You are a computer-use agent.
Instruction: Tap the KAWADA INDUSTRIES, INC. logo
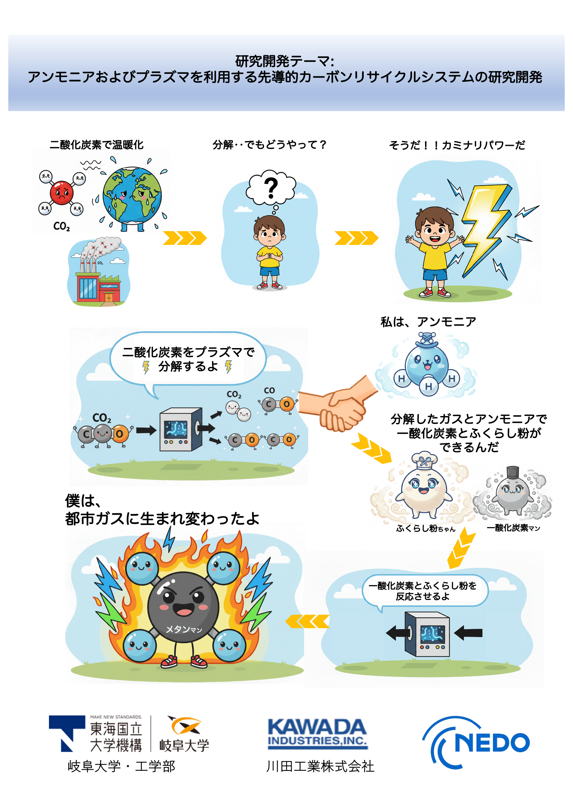pyautogui.click(x=318, y=734)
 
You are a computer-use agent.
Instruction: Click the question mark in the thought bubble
pyautogui.click(x=271, y=188)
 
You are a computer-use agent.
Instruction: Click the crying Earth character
pyautogui.click(x=132, y=195)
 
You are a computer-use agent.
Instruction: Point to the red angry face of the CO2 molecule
pyautogui.click(x=61, y=193)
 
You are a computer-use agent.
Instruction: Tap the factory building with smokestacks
pyautogui.click(x=99, y=279)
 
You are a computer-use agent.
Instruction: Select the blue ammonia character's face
pyautogui.click(x=427, y=362)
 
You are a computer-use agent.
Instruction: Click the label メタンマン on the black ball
pyautogui.click(x=183, y=629)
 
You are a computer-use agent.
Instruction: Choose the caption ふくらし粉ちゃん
pyautogui.click(x=425, y=528)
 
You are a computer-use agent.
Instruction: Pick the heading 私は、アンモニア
pyautogui.click(x=428, y=322)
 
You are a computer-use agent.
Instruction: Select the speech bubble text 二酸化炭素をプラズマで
pyautogui.click(x=188, y=352)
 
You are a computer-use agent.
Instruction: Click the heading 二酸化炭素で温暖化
pyautogui.click(x=97, y=145)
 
